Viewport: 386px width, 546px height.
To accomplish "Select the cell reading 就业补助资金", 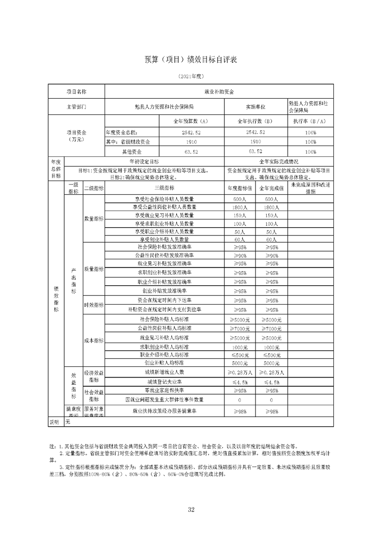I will click(x=219, y=91).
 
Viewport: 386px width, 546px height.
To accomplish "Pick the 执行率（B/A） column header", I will click(x=311, y=121).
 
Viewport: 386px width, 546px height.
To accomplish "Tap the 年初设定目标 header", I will click(x=144, y=161).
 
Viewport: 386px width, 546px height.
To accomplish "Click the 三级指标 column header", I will click(x=165, y=188).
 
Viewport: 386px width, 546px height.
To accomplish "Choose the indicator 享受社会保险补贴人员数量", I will click(x=165, y=199).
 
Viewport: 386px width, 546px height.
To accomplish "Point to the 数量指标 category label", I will click(x=93, y=219).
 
